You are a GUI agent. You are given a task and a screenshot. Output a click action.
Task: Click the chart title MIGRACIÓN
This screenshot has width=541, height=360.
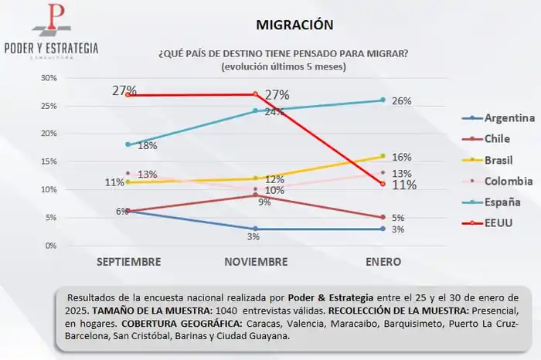[296, 25]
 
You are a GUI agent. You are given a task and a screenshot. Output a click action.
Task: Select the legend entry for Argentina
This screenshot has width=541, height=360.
[509, 118]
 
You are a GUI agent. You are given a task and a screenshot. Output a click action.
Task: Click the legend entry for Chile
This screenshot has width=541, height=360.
[498, 139]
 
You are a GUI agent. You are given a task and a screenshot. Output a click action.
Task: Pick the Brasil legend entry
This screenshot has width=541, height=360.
[499, 160]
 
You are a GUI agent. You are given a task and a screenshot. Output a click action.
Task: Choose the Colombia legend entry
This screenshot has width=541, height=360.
[508, 181]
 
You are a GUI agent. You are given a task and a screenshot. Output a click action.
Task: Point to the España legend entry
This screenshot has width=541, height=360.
[502, 202]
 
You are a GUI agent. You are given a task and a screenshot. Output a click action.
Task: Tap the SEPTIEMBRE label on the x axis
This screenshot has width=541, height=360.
[129, 262]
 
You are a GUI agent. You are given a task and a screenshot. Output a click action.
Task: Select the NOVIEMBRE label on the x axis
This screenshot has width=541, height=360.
[256, 262]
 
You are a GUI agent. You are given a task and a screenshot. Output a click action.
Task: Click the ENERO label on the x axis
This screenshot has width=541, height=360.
[383, 262]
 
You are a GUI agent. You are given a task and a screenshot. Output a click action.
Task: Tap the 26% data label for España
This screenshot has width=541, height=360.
[401, 101]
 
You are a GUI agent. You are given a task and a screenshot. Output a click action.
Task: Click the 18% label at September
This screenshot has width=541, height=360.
[148, 145]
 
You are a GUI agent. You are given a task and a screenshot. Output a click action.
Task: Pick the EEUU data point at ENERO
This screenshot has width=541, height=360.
[383, 184]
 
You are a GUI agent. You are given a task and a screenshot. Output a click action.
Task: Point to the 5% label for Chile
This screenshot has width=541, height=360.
[398, 218]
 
